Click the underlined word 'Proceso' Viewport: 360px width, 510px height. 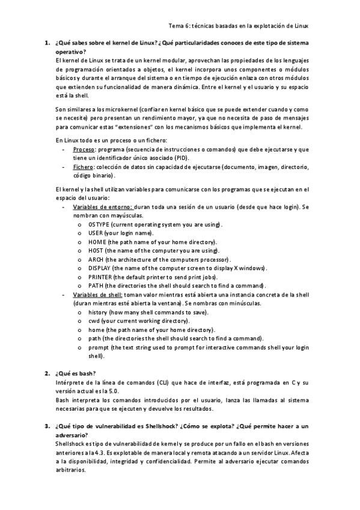click(x=83, y=149)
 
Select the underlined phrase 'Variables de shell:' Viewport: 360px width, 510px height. click(x=98, y=295)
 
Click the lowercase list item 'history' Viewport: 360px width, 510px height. click(x=97, y=312)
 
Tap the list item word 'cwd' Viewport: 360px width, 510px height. click(x=93, y=321)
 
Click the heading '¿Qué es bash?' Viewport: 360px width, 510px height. click(x=75, y=373)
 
